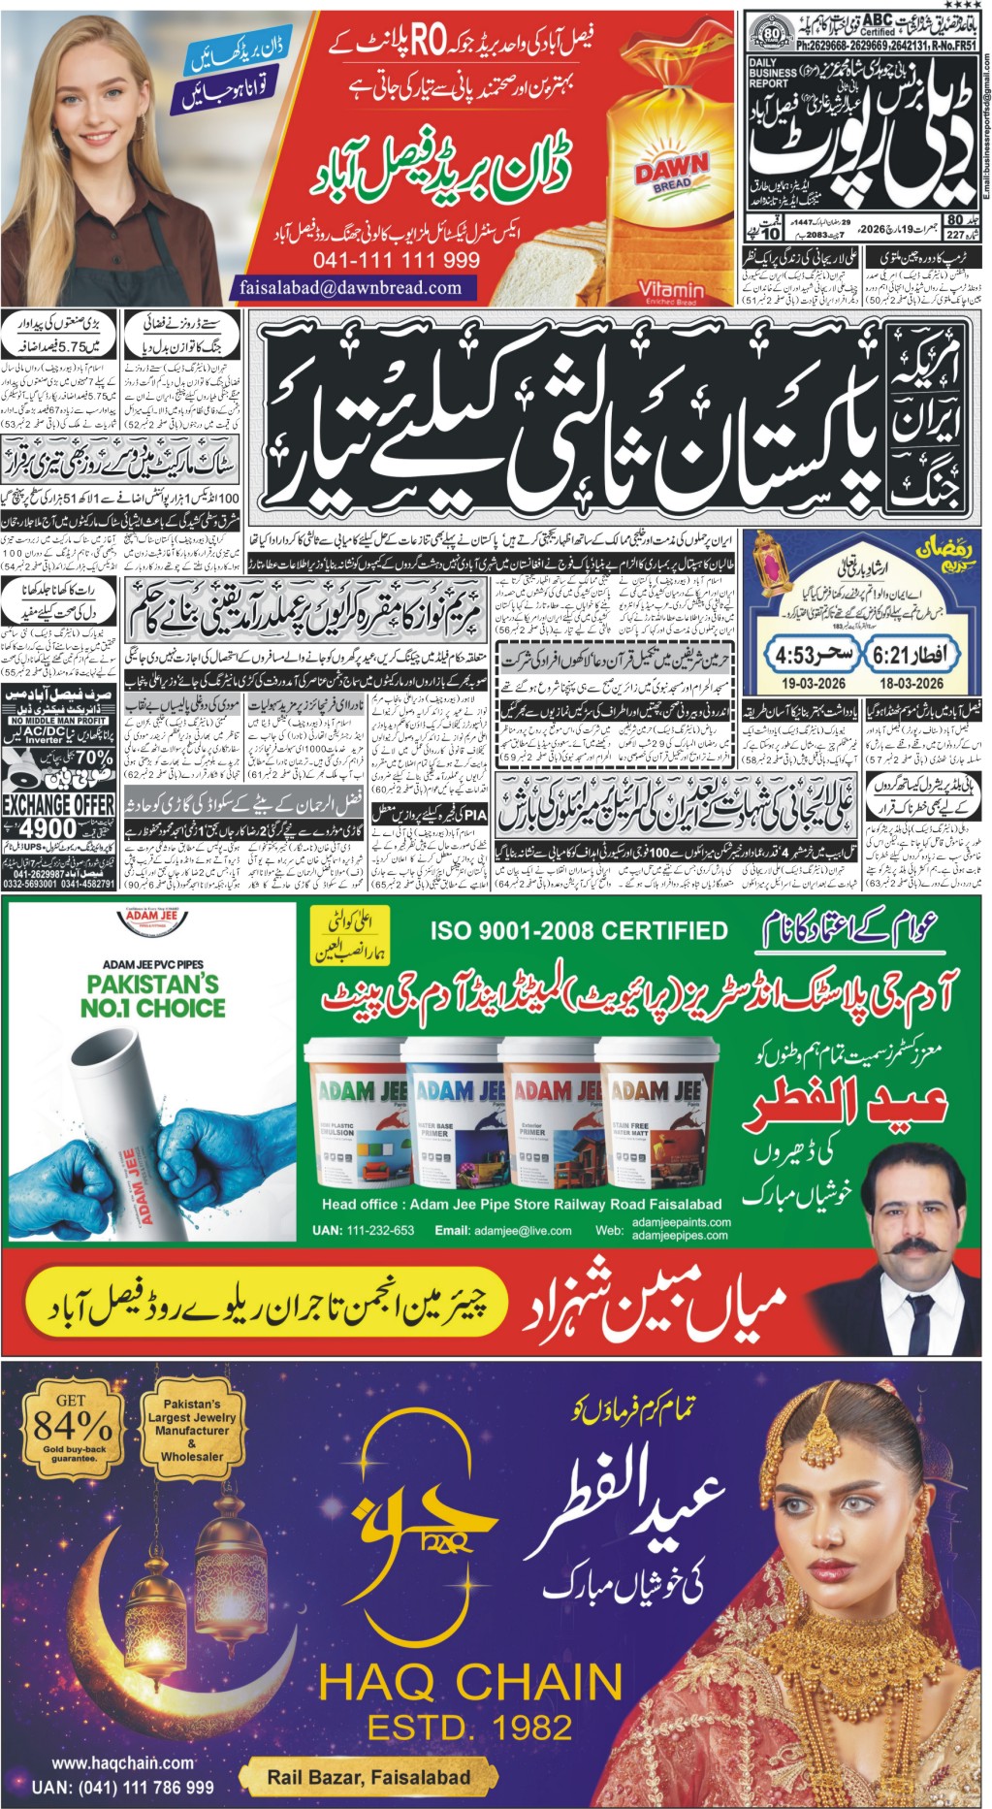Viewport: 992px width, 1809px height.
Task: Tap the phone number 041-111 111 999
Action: tap(396, 260)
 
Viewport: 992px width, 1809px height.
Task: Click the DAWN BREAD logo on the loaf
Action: tap(671, 172)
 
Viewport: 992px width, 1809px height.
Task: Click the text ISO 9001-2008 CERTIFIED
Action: tap(579, 930)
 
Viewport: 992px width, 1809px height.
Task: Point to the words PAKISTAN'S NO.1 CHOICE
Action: tap(153, 995)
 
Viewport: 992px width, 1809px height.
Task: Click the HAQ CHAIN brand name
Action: tap(472, 1681)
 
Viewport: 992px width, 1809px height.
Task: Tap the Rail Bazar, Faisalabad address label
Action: tap(368, 1777)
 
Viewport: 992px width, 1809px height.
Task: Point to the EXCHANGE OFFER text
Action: tap(58, 805)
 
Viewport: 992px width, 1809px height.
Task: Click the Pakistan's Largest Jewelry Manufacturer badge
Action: tap(192, 1430)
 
